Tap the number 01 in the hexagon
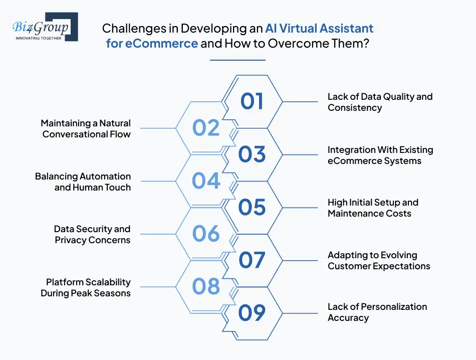pyautogui.click(x=252, y=101)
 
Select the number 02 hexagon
pyautogui.click(x=206, y=128)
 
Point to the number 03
pyautogui.click(x=252, y=154)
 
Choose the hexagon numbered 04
pyautogui.click(x=206, y=181)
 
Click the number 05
pyautogui.click(x=252, y=207)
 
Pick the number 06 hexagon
pyautogui.click(x=206, y=234)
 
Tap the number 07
pyautogui.click(x=252, y=260)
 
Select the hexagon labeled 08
pyautogui.click(x=206, y=287)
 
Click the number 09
pyautogui.click(x=252, y=313)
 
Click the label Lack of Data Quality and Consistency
pyautogui.click(x=380, y=102)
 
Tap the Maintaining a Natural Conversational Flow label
pyautogui.click(x=86, y=128)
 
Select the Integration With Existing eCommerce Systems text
pyautogui.click(x=380, y=155)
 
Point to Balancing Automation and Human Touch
pyautogui.click(x=83, y=182)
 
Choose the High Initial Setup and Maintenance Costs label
pyautogui.click(x=373, y=208)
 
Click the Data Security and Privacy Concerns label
pyautogui.click(x=92, y=234)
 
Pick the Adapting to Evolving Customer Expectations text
pyautogui.click(x=379, y=261)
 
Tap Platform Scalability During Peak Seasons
pyautogui.click(x=86, y=287)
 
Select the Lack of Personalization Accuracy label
pyautogui.click(x=377, y=312)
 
